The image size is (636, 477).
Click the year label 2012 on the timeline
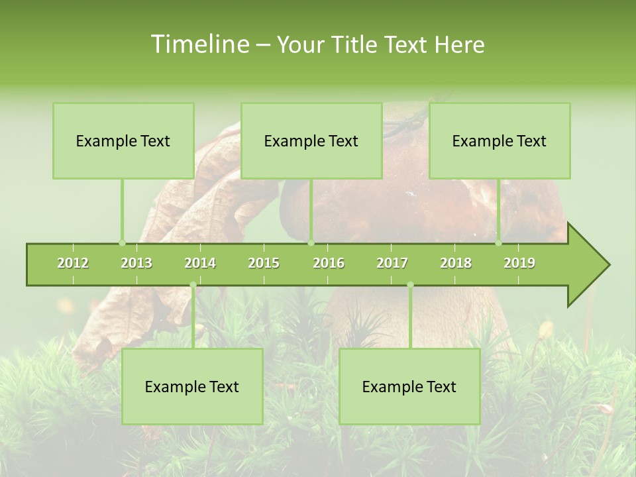coord(73,263)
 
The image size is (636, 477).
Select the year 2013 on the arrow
coord(136,263)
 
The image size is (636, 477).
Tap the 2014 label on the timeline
coord(200,263)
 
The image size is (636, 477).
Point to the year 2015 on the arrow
coord(264,263)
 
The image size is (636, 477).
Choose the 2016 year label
coord(329,263)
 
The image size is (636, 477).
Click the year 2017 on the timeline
coord(392,263)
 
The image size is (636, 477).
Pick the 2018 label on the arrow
coord(456,263)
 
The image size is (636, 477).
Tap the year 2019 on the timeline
coord(519,263)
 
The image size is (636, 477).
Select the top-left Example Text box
coord(123,140)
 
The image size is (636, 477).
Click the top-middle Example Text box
coord(311,140)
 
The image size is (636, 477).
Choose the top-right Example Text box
coord(500,140)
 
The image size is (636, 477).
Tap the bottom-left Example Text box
coord(192,386)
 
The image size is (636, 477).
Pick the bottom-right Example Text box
coord(409,386)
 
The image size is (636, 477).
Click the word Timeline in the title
coord(199,44)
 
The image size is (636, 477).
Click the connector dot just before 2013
coord(122,242)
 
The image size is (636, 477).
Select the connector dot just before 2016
coord(311,242)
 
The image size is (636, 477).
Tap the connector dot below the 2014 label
coord(193,285)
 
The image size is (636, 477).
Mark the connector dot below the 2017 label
coord(410,285)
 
